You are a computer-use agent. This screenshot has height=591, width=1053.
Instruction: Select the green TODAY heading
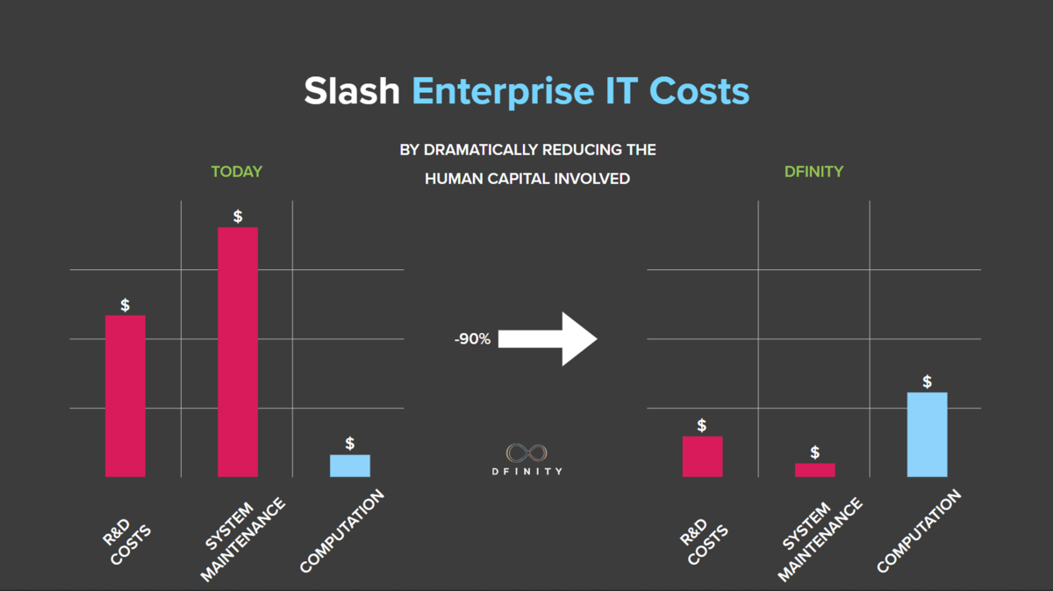(236, 172)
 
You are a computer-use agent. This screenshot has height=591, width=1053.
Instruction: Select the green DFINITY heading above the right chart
(813, 172)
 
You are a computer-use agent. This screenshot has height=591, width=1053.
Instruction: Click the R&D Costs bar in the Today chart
(125, 396)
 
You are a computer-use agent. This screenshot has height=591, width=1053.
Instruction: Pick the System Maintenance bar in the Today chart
(238, 352)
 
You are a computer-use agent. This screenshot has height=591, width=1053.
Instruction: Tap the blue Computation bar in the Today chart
(350, 466)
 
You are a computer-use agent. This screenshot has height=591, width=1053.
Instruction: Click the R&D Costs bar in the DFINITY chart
(702, 456)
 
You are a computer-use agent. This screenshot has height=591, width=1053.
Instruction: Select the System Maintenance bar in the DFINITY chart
(815, 470)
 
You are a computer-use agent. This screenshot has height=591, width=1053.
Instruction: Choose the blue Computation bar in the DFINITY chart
(928, 434)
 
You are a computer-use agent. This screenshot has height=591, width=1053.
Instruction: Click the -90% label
(472, 338)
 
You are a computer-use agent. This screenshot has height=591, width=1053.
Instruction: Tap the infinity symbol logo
(527, 452)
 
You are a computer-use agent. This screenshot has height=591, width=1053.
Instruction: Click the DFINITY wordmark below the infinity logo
(527, 472)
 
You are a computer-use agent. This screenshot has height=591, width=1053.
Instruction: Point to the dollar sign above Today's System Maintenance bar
(238, 217)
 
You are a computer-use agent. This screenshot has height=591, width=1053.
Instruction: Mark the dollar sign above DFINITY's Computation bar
(928, 381)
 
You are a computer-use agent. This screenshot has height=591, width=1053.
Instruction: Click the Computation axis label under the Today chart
(342, 532)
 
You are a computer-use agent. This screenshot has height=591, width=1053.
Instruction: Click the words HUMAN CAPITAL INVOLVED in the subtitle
(527, 179)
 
